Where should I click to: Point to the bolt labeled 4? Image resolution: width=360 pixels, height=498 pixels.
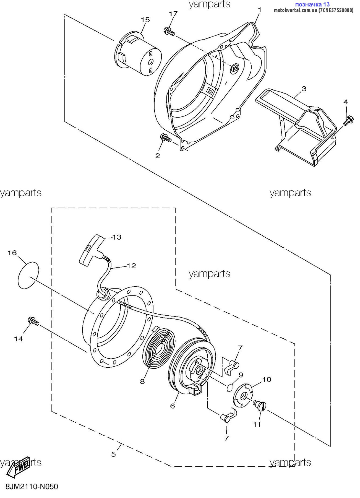coord(349,120)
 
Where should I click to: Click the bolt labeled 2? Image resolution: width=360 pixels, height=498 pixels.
coord(166,138)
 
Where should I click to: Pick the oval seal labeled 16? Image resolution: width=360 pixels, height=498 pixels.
coord(28,275)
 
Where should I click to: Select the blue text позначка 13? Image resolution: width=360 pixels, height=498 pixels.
coord(312,4)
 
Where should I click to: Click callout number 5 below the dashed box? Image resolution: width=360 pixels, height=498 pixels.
coord(114,454)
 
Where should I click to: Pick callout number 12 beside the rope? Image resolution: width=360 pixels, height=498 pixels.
coord(132,266)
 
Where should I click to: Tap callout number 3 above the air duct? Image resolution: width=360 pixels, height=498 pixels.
coord(304,89)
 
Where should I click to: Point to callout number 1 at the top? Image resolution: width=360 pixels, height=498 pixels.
coord(260,10)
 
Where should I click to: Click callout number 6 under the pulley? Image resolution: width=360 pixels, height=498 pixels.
coord(173,406)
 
